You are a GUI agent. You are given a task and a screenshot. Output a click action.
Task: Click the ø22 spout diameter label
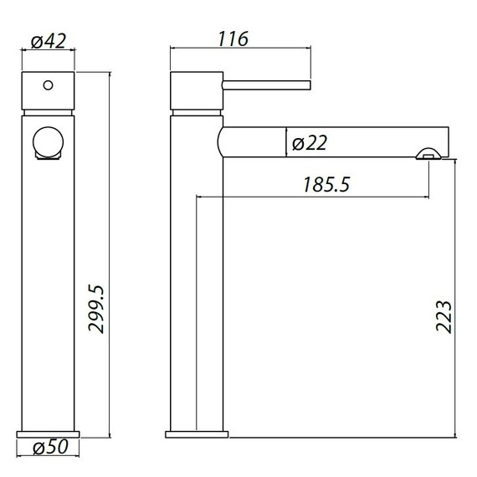309,144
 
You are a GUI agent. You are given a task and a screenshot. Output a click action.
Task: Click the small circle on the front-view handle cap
48,85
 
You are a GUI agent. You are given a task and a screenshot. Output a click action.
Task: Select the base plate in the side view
197,434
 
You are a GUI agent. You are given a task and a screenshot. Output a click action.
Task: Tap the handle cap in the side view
196,90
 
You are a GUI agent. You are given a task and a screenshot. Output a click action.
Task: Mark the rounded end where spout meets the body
223,141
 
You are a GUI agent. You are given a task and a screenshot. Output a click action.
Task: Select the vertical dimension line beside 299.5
109,251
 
